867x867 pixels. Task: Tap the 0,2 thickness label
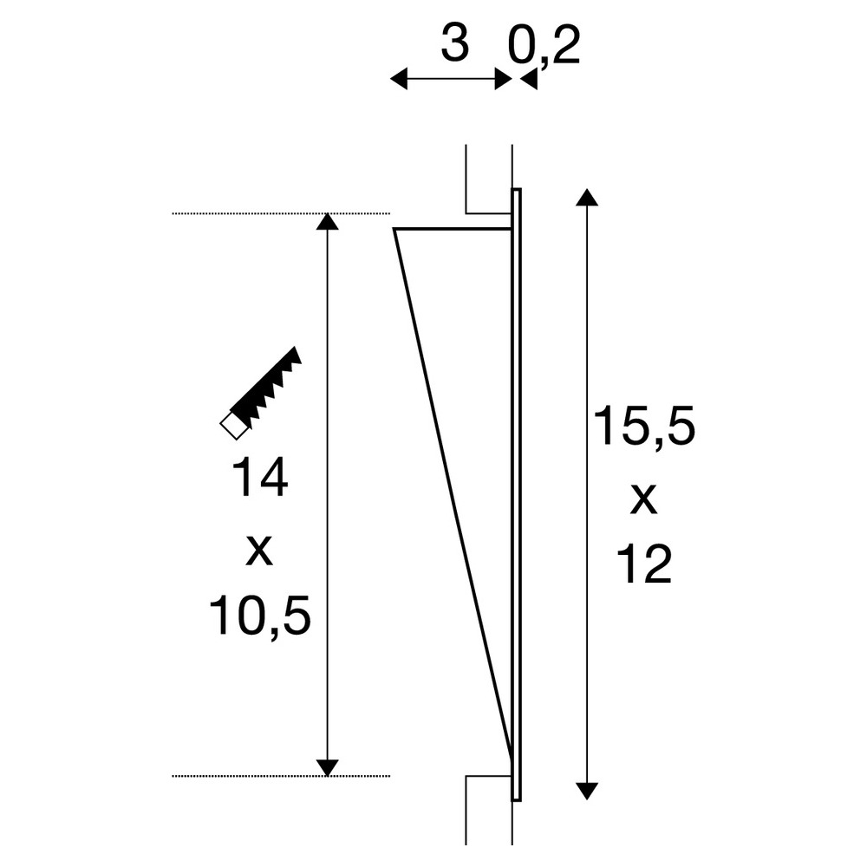click(x=543, y=48)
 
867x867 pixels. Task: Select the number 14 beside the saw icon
click(x=259, y=477)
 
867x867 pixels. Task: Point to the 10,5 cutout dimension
click(x=259, y=615)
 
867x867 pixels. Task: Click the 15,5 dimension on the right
click(x=644, y=427)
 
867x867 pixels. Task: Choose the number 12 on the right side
click(x=644, y=564)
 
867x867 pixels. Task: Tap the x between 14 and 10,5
click(x=258, y=551)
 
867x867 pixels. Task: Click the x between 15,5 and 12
click(x=643, y=500)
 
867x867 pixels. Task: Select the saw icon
click(x=260, y=393)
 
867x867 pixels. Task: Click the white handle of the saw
click(x=233, y=427)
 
